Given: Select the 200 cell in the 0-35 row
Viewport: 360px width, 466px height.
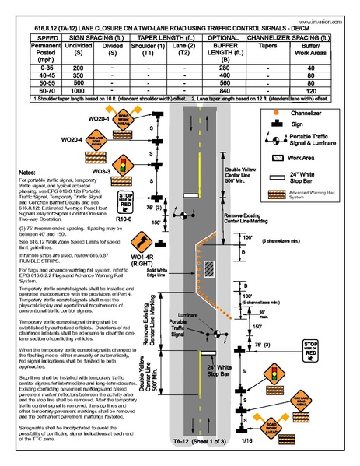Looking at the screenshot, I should pyautogui.click(x=77, y=68).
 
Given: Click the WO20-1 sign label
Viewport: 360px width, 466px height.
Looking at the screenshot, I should pyautogui.click(x=99, y=118).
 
